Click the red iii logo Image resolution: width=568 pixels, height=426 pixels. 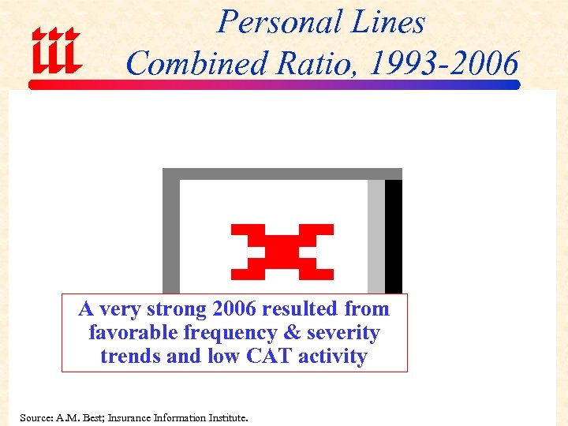55,51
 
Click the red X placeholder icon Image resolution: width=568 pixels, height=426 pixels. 282,252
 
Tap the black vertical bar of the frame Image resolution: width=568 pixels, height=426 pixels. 393,237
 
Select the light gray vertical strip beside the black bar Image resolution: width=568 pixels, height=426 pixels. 376,237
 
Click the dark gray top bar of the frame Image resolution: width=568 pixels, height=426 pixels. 282,174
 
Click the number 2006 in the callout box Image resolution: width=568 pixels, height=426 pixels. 234,309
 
